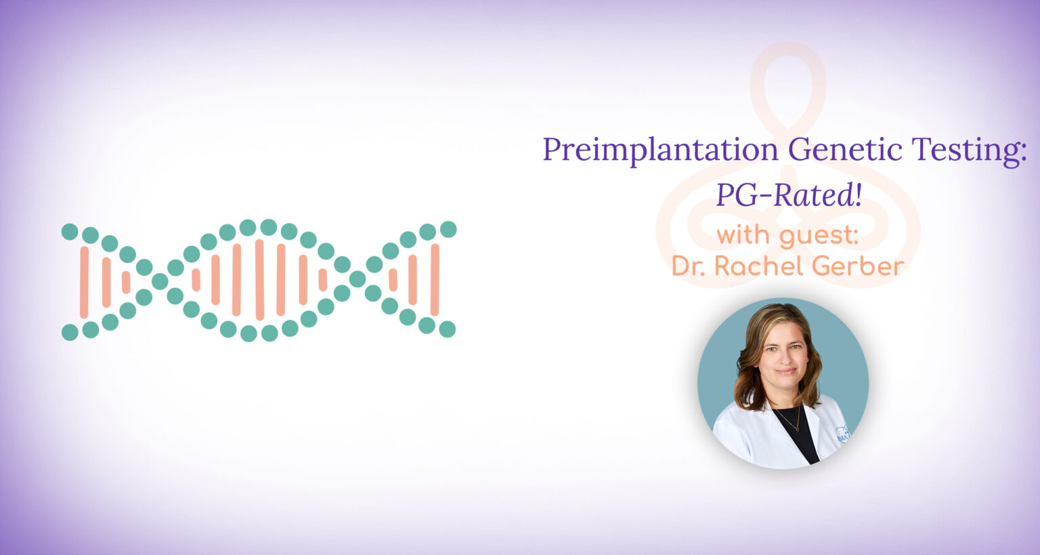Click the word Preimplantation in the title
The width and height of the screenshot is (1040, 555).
point(660,150)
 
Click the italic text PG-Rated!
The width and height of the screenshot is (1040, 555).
point(789,195)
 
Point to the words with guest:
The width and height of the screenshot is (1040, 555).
point(787,236)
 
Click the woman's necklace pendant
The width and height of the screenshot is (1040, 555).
point(797,428)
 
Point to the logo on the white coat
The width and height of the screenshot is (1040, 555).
point(842,434)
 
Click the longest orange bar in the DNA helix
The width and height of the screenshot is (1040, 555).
point(259,279)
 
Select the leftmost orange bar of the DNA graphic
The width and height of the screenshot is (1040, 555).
point(84,282)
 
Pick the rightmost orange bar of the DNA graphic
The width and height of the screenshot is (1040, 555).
point(435,280)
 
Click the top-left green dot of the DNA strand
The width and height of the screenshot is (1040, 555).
point(70,232)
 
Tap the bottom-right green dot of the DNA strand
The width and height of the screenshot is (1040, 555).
point(447,329)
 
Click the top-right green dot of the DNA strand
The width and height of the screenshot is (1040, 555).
point(448,229)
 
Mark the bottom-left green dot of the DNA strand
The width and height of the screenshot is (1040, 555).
point(70,332)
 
